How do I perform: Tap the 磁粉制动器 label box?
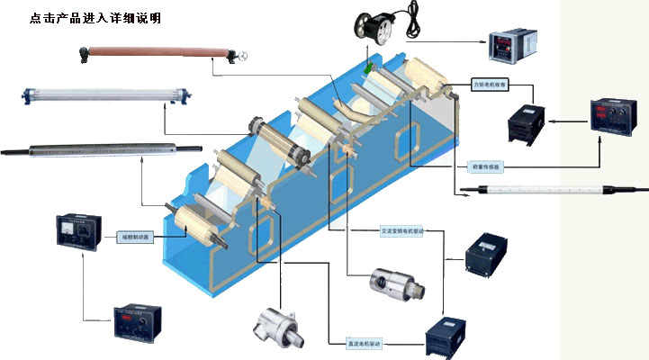pos(135,238)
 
